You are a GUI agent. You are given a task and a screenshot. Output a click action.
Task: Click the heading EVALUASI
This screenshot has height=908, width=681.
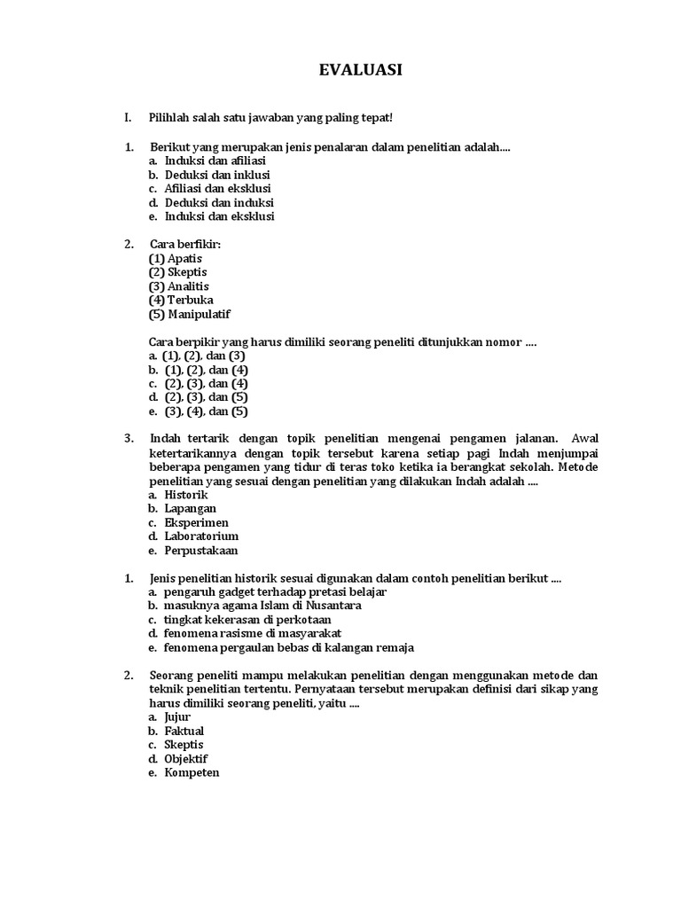(360, 70)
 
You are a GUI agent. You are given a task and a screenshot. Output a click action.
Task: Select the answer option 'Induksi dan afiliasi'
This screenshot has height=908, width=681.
(215, 161)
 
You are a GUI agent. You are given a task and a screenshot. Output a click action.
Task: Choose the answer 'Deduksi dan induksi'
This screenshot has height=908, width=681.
(218, 202)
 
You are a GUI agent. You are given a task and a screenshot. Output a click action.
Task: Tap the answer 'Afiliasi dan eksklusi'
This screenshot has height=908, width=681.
(217, 189)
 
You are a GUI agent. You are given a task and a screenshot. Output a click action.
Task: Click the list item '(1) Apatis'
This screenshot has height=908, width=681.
(176, 258)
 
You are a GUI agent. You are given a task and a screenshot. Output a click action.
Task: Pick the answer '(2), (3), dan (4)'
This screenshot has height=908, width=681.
(206, 383)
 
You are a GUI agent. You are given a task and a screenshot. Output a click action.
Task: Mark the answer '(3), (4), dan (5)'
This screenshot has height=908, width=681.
(206, 411)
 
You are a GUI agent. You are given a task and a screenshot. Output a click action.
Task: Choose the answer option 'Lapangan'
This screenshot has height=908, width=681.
(189, 508)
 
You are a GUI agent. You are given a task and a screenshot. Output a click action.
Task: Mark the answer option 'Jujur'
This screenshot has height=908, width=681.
(177, 716)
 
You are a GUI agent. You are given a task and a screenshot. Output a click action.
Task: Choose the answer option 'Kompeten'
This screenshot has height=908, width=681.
(191, 772)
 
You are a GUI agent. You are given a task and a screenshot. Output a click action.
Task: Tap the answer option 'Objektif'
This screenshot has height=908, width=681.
(188, 758)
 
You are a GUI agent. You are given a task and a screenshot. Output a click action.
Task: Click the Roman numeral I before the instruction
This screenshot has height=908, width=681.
(128, 118)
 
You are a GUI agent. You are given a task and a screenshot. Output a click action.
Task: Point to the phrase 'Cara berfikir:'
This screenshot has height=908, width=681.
(185, 244)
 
